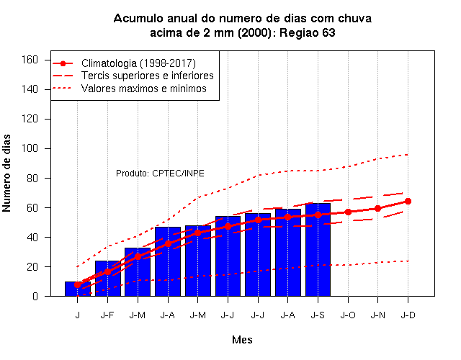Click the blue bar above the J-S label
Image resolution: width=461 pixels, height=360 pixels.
click(318, 250)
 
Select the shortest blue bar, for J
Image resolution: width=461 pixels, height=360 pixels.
click(78, 289)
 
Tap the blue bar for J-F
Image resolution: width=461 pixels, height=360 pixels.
click(108, 279)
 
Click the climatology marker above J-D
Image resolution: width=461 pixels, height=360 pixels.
click(408, 202)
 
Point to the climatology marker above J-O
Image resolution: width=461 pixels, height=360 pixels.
click(348, 212)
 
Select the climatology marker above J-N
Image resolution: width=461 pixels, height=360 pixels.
click(377, 208)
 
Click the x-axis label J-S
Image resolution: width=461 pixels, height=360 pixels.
click(318, 315)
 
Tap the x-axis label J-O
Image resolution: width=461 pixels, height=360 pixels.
click(348, 315)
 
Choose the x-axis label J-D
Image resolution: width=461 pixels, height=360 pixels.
click(408, 315)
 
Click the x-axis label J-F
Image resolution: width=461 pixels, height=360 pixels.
click(107, 315)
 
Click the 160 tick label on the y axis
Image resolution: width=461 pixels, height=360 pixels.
click(30, 60)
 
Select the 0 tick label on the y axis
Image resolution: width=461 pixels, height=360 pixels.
click(35, 296)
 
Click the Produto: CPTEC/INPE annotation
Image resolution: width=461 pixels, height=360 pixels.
click(160, 174)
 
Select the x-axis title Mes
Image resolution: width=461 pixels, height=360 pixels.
click(242, 340)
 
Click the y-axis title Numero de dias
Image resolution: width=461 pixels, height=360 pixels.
click(6, 173)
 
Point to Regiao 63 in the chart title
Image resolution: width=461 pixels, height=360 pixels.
click(308, 32)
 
